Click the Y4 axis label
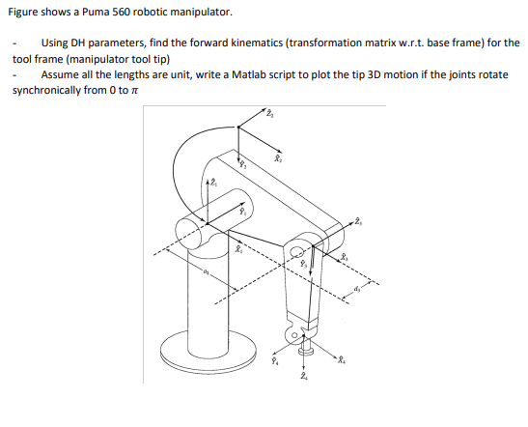[x=274, y=362]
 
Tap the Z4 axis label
[x=306, y=379]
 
